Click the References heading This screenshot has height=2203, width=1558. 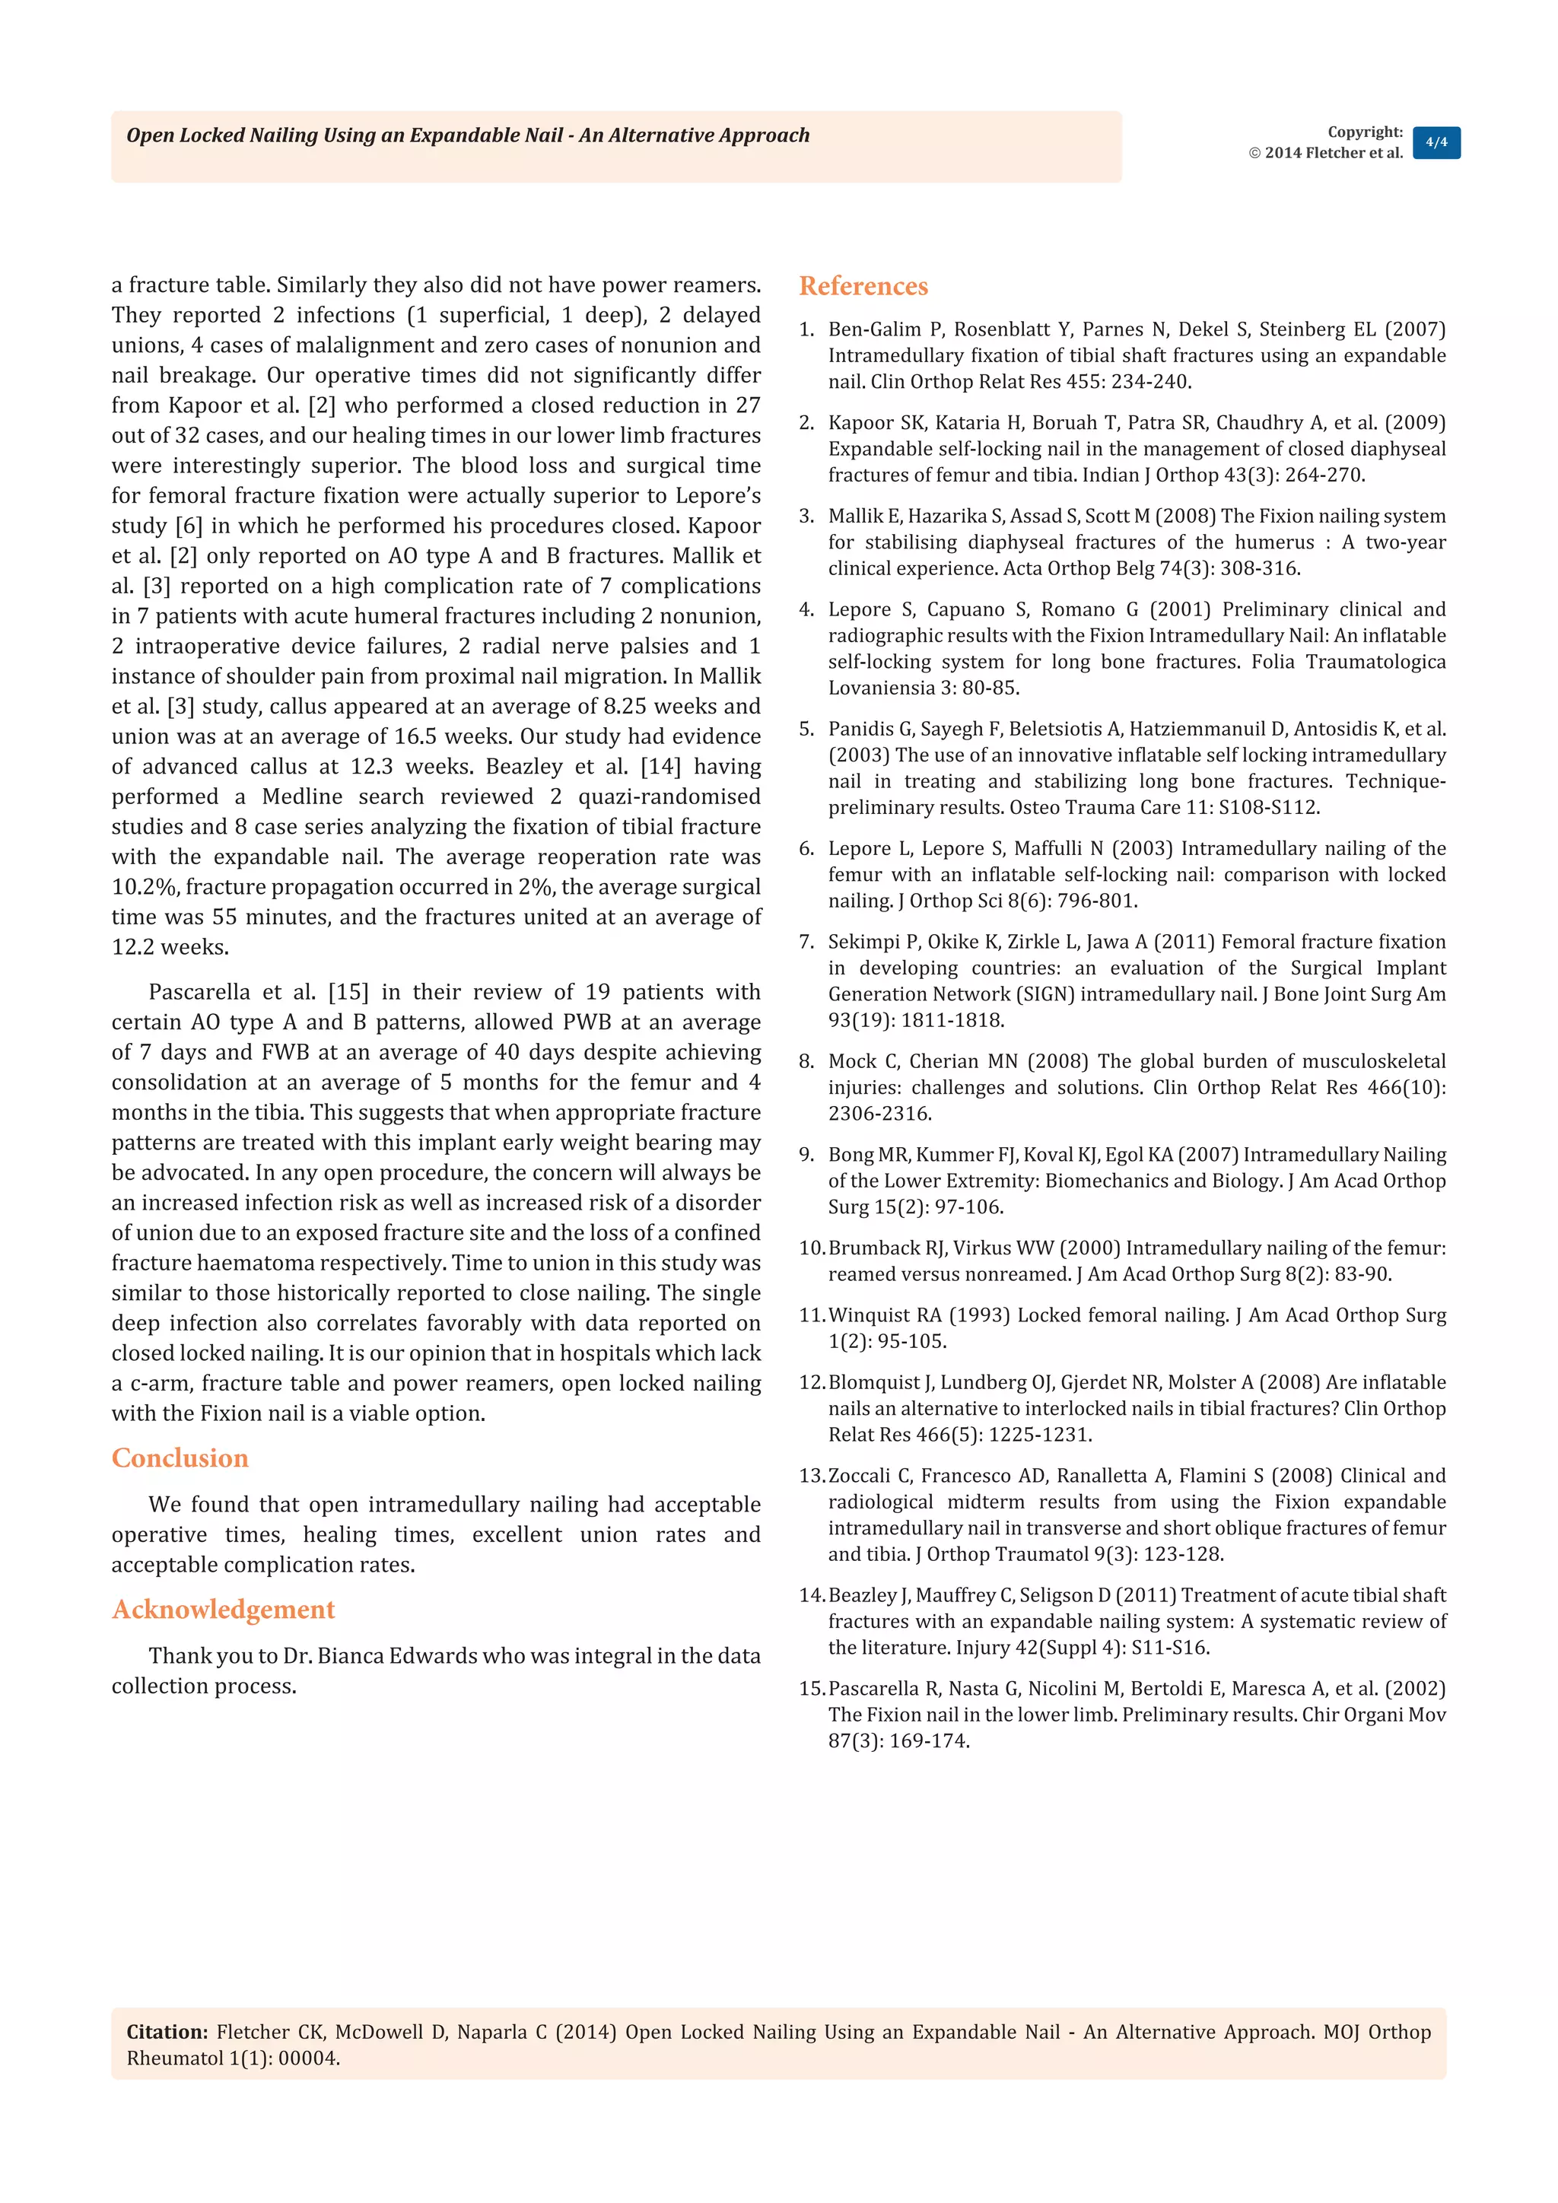[x=863, y=286]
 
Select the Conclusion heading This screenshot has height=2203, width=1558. [x=180, y=1458]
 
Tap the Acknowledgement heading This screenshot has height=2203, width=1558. [x=223, y=1609]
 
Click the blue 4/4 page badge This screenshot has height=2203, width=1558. [x=1436, y=143]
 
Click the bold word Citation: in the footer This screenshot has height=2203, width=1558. [x=167, y=2031]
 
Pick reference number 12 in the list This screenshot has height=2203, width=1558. [x=811, y=1383]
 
